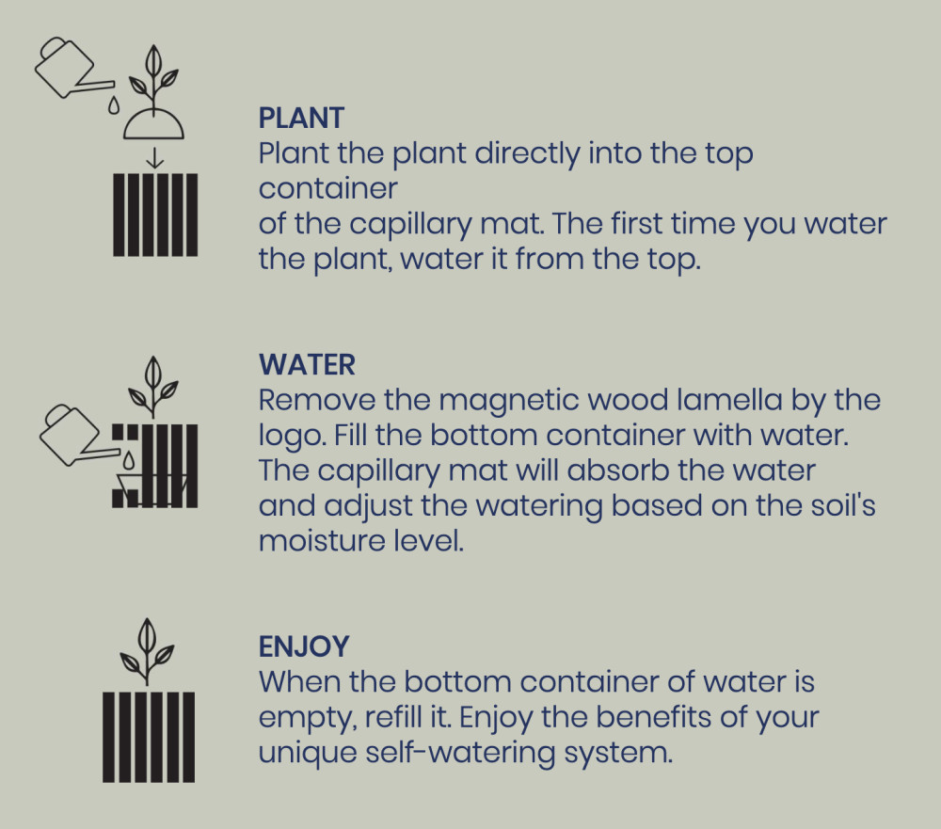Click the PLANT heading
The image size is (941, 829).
tap(301, 118)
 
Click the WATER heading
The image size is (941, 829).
tap(307, 365)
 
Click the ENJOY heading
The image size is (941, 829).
tap(304, 646)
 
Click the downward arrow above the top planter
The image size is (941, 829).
tap(155, 158)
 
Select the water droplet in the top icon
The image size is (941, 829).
tap(114, 105)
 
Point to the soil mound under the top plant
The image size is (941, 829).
tap(153, 125)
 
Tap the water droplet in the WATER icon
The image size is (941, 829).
tap(128, 461)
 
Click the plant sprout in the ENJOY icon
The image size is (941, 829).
tap(147, 651)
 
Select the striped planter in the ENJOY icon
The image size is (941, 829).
tap(149, 737)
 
